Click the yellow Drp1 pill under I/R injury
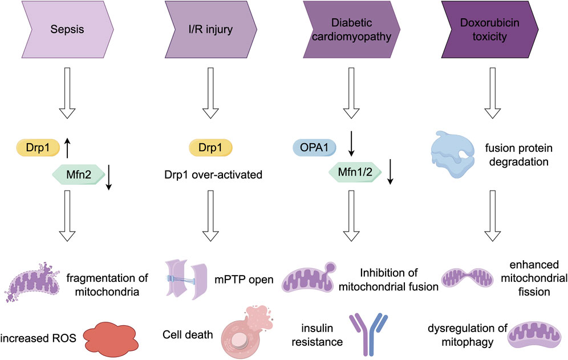209,147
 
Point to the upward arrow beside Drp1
67,149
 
